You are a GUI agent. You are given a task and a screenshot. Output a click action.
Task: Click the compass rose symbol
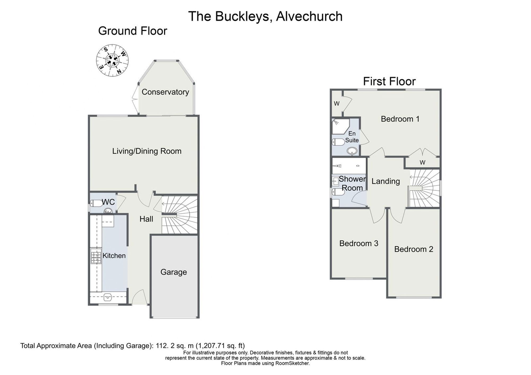(112, 61)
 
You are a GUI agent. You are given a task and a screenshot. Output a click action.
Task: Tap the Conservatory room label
(165, 92)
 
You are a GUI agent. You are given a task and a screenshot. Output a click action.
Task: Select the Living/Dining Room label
(147, 151)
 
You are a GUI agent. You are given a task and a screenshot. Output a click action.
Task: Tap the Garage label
(174, 272)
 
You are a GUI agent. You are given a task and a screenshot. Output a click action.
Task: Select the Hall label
(146, 219)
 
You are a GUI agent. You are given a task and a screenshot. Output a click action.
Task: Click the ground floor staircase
(180, 215)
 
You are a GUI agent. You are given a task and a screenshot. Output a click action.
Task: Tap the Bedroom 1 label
(400, 119)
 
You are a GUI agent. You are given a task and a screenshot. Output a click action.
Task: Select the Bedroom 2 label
(414, 249)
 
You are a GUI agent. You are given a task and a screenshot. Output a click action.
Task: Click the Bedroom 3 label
(359, 243)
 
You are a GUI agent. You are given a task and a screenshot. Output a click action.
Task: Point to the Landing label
(386, 181)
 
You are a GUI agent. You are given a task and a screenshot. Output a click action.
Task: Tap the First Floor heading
(389, 81)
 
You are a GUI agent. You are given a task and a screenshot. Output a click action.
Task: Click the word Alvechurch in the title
(309, 16)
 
